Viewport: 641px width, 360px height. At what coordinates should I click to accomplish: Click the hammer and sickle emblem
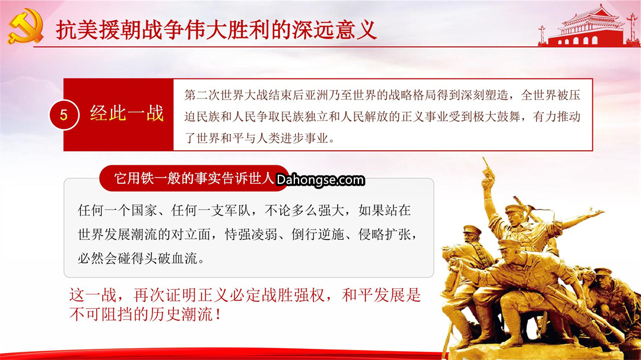26,27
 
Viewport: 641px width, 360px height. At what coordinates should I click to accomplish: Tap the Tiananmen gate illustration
589,26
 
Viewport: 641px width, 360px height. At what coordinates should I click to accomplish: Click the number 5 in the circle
64,115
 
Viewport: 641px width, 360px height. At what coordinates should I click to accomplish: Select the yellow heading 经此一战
127,113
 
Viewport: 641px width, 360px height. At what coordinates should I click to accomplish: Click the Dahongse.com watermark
320,180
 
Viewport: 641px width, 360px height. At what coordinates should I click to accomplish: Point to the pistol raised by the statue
488,168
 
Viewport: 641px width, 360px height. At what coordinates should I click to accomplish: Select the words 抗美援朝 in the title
98,30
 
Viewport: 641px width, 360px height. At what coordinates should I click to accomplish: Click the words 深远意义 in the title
334,30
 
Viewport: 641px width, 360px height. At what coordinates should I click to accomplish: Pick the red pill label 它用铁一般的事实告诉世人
194,178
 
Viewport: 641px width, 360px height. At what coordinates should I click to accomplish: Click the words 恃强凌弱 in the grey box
251,234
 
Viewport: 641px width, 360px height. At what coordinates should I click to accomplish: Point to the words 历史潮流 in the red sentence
181,314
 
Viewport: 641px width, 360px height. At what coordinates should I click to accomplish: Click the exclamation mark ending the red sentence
218,314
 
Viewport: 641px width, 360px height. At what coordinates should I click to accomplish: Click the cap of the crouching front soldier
509,244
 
